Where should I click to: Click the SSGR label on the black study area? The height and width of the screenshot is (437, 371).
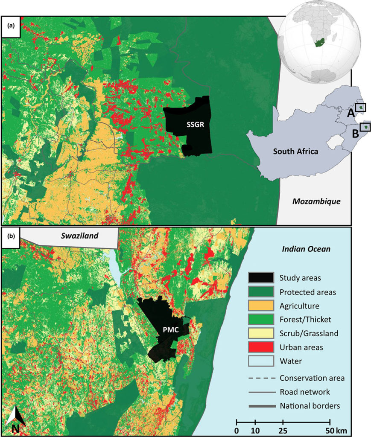[194, 125]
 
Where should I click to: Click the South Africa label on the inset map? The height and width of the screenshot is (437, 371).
[295, 151]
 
